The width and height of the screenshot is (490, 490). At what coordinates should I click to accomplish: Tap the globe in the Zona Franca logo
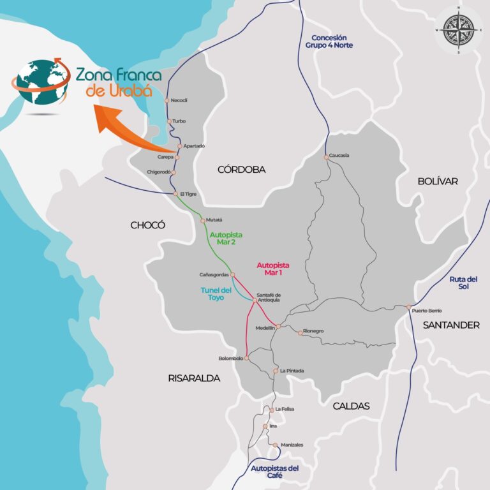pos(40,82)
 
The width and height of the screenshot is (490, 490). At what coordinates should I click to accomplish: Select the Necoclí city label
pos(180,101)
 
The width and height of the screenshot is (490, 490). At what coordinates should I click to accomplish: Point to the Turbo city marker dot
pos(169,121)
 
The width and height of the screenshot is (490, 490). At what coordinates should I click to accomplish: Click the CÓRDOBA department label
pos(241,170)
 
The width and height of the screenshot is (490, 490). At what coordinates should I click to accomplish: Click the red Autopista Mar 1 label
pos(273,269)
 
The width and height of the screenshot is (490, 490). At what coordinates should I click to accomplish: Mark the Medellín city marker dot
pos(278,326)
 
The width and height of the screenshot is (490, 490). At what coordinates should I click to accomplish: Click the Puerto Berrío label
pos(427,311)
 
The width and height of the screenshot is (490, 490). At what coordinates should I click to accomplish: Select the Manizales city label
pos(292,445)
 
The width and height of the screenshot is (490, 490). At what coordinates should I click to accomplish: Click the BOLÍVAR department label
pos(438,181)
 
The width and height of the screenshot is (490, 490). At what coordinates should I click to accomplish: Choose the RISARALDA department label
pos(194,378)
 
